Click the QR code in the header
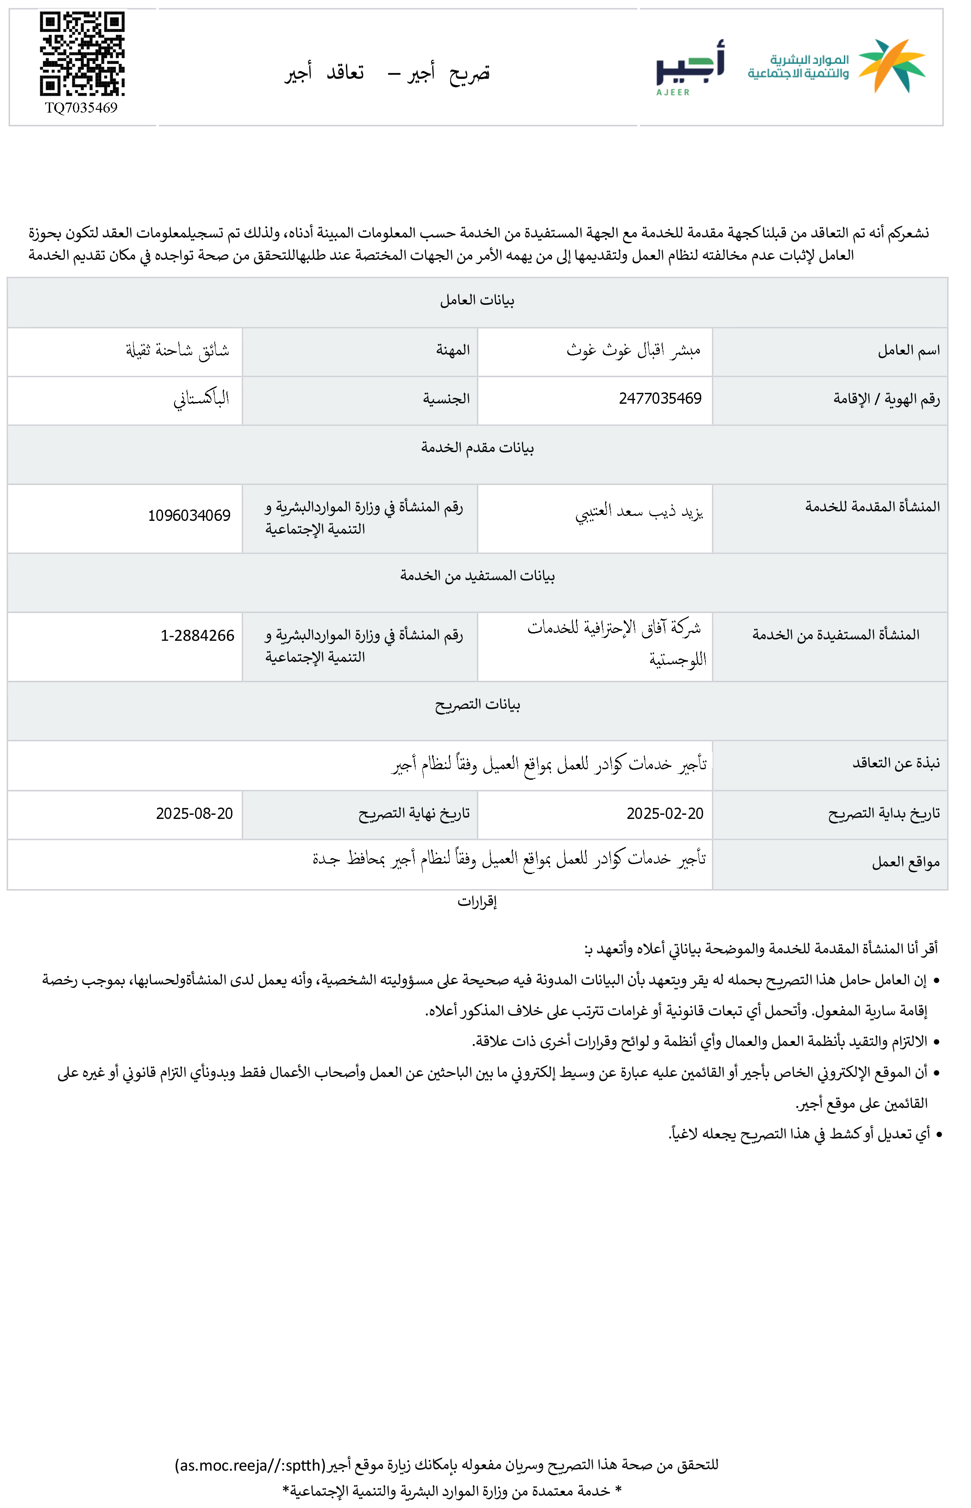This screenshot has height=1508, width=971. click(x=82, y=54)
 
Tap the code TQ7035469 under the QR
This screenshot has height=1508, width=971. click(x=82, y=108)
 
